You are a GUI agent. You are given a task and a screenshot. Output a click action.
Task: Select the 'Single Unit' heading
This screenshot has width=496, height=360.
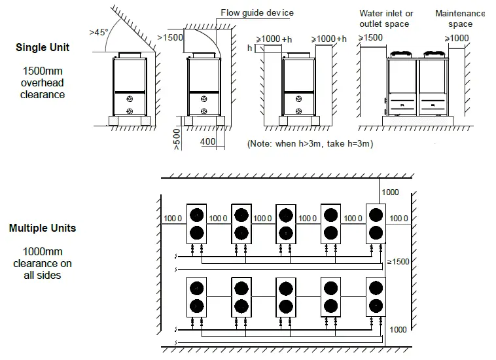43,48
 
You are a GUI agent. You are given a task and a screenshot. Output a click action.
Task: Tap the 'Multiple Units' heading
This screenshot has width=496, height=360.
43,228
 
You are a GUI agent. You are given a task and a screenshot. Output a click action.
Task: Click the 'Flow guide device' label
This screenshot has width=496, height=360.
258,12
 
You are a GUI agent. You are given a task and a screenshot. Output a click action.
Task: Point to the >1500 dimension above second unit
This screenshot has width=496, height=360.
171,38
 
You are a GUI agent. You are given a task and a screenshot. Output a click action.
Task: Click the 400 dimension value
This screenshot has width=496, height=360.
208,141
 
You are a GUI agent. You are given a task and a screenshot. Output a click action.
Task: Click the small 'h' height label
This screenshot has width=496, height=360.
249,48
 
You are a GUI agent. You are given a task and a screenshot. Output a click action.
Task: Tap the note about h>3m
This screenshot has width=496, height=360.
310,143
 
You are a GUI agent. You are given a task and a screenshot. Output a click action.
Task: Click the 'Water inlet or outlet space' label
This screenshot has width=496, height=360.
386,19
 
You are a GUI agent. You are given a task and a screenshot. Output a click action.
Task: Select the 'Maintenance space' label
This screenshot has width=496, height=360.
460,19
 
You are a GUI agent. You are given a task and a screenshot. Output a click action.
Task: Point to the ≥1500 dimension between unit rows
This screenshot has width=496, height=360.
398,261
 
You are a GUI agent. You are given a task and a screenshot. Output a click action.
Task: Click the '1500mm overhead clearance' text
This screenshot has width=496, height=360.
43,82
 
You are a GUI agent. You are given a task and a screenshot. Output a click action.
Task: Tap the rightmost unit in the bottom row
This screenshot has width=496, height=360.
375,297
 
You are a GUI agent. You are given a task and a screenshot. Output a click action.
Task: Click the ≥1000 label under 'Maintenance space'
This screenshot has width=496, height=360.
457,38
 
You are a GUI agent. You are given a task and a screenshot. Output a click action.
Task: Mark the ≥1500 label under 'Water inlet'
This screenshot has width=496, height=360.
370,38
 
